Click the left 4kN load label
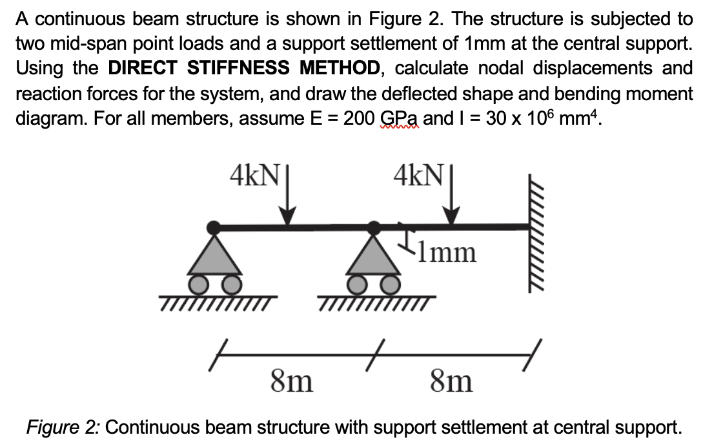(x=253, y=174)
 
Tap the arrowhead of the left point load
(x=288, y=217)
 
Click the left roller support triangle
(x=214, y=257)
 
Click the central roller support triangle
(x=374, y=257)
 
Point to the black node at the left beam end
(x=213, y=227)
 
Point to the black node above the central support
(x=373, y=227)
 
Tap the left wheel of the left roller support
(x=198, y=284)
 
